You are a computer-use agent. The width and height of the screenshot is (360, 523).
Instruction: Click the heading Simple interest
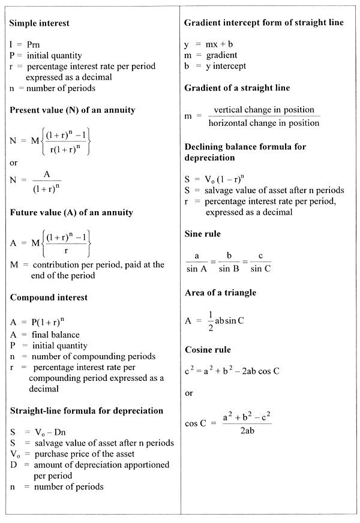point(40,23)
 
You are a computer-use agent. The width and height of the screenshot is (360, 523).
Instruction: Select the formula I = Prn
point(25,44)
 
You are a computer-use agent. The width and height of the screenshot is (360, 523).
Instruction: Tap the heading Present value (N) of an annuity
point(73,110)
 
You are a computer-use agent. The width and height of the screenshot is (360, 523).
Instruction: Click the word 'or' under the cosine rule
point(189,393)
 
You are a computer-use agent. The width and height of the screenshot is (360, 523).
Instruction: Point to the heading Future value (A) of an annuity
point(71,212)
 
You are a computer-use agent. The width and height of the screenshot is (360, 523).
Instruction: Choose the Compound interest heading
point(49,297)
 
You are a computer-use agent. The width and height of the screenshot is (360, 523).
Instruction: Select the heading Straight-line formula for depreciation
point(86,410)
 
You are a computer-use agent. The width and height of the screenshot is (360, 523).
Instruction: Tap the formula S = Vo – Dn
point(36,432)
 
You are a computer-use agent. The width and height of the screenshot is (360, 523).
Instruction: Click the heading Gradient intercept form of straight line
point(264,22)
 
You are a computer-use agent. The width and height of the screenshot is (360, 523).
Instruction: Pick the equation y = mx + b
point(211,44)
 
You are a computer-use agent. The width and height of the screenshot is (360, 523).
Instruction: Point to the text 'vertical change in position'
point(264,110)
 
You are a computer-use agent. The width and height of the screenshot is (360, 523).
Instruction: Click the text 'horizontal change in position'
point(264,123)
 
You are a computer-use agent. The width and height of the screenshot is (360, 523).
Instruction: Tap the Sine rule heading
point(203,233)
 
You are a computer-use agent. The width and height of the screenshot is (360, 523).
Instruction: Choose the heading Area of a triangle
point(220,292)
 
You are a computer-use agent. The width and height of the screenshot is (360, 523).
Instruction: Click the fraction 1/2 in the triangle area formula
point(209,320)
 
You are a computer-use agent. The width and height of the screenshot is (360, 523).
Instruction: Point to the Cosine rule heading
point(208,349)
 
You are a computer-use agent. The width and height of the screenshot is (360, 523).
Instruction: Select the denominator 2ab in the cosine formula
point(247,430)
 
